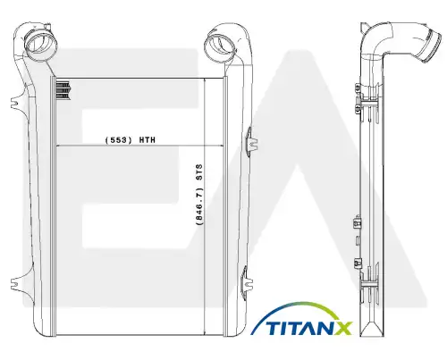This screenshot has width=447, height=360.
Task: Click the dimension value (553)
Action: (118, 140)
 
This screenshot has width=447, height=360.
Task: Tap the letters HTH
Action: (148, 140)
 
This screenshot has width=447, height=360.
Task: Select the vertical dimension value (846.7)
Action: (199, 206)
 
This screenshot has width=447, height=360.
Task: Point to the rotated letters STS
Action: (199, 172)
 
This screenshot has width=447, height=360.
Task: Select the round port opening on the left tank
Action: (38, 44)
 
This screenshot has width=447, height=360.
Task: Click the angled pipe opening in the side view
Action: (433, 47)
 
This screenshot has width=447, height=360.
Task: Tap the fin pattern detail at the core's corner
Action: (63, 90)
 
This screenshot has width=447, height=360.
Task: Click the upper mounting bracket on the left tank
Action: (16, 102)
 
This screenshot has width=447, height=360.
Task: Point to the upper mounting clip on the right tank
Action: (251, 141)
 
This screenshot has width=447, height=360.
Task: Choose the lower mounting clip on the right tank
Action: (247, 281)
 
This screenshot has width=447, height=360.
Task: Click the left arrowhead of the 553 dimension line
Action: (59, 146)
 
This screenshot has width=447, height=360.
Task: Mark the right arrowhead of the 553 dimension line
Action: (221, 146)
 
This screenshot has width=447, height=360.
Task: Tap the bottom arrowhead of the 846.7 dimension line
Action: (205, 332)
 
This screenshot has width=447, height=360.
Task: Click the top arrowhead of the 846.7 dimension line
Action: (205, 81)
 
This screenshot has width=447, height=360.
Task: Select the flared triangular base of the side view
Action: (372, 329)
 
